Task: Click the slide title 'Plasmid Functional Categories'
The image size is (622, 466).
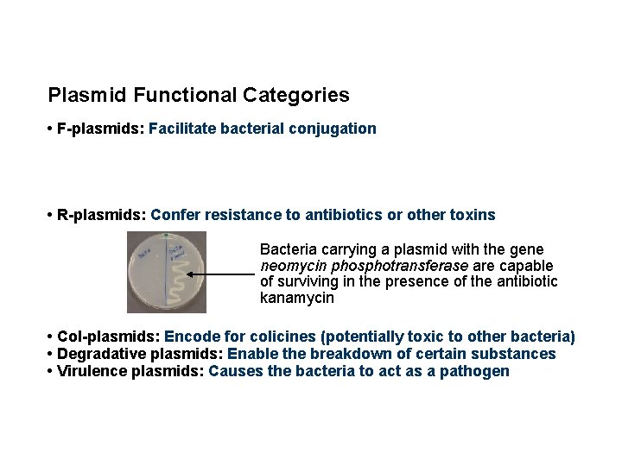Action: pyautogui.click(x=199, y=94)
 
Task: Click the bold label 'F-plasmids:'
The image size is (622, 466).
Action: pyautogui.click(x=100, y=129)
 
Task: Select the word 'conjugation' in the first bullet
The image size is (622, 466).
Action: pyautogui.click(x=334, y=129)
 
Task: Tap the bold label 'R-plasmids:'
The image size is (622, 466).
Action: pyautogui.click(x=101, y=214)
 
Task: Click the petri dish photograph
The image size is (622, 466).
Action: pyautogui.click(x=166, y=271)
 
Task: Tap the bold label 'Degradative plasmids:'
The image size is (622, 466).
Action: pyautogui.click(x=134, y=354)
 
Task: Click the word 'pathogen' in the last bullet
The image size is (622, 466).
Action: pyautogui.click(x=480, y=371)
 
